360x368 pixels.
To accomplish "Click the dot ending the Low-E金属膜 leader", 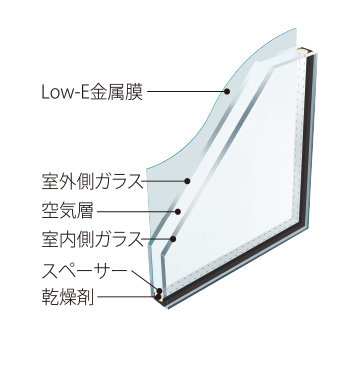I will coord(228,94).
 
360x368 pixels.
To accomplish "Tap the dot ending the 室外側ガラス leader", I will coord(188,182).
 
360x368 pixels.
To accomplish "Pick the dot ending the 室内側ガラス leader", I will coord(174,240).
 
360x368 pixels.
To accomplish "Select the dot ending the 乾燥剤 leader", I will coord(160,297).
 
